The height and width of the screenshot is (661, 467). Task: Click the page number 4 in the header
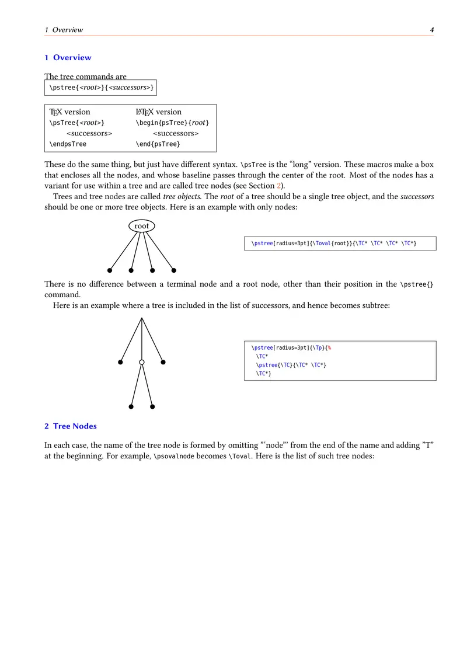[431, 30]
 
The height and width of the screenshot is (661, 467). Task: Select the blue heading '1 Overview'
[68, 57]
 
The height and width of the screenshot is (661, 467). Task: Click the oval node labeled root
[141, 226]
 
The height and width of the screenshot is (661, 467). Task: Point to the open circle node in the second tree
[142, 363]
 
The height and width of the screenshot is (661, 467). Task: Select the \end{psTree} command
[158, 144]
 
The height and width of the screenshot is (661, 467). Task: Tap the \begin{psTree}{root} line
[172, 123]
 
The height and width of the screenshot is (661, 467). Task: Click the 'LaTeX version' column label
[159, 112]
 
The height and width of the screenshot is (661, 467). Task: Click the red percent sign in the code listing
[329, 348]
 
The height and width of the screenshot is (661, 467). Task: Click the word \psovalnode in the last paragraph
[172, 457]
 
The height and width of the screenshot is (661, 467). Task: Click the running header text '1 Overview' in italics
[64, 30]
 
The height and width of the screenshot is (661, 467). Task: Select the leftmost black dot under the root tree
[110, 270]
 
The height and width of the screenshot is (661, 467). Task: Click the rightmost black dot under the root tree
[173, 270]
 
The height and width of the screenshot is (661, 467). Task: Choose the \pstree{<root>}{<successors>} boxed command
[101, 88]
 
